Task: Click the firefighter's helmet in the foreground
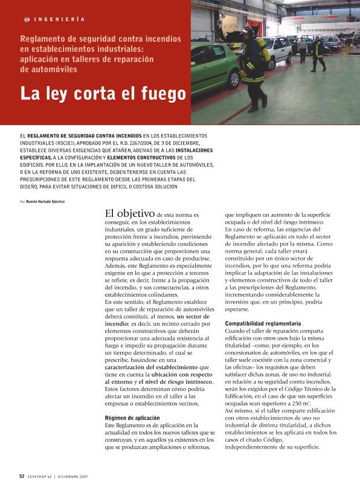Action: pyautogui.click(x=246, y=31)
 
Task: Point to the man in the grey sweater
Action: pyautogui.click(x=302, y=48)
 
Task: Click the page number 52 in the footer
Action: pyautogui.click(x=22, y=476)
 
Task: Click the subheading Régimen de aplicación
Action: pyautogui.click(x=132, y=418)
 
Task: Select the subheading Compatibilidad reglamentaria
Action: pyautogui.click(x=263, y=324)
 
